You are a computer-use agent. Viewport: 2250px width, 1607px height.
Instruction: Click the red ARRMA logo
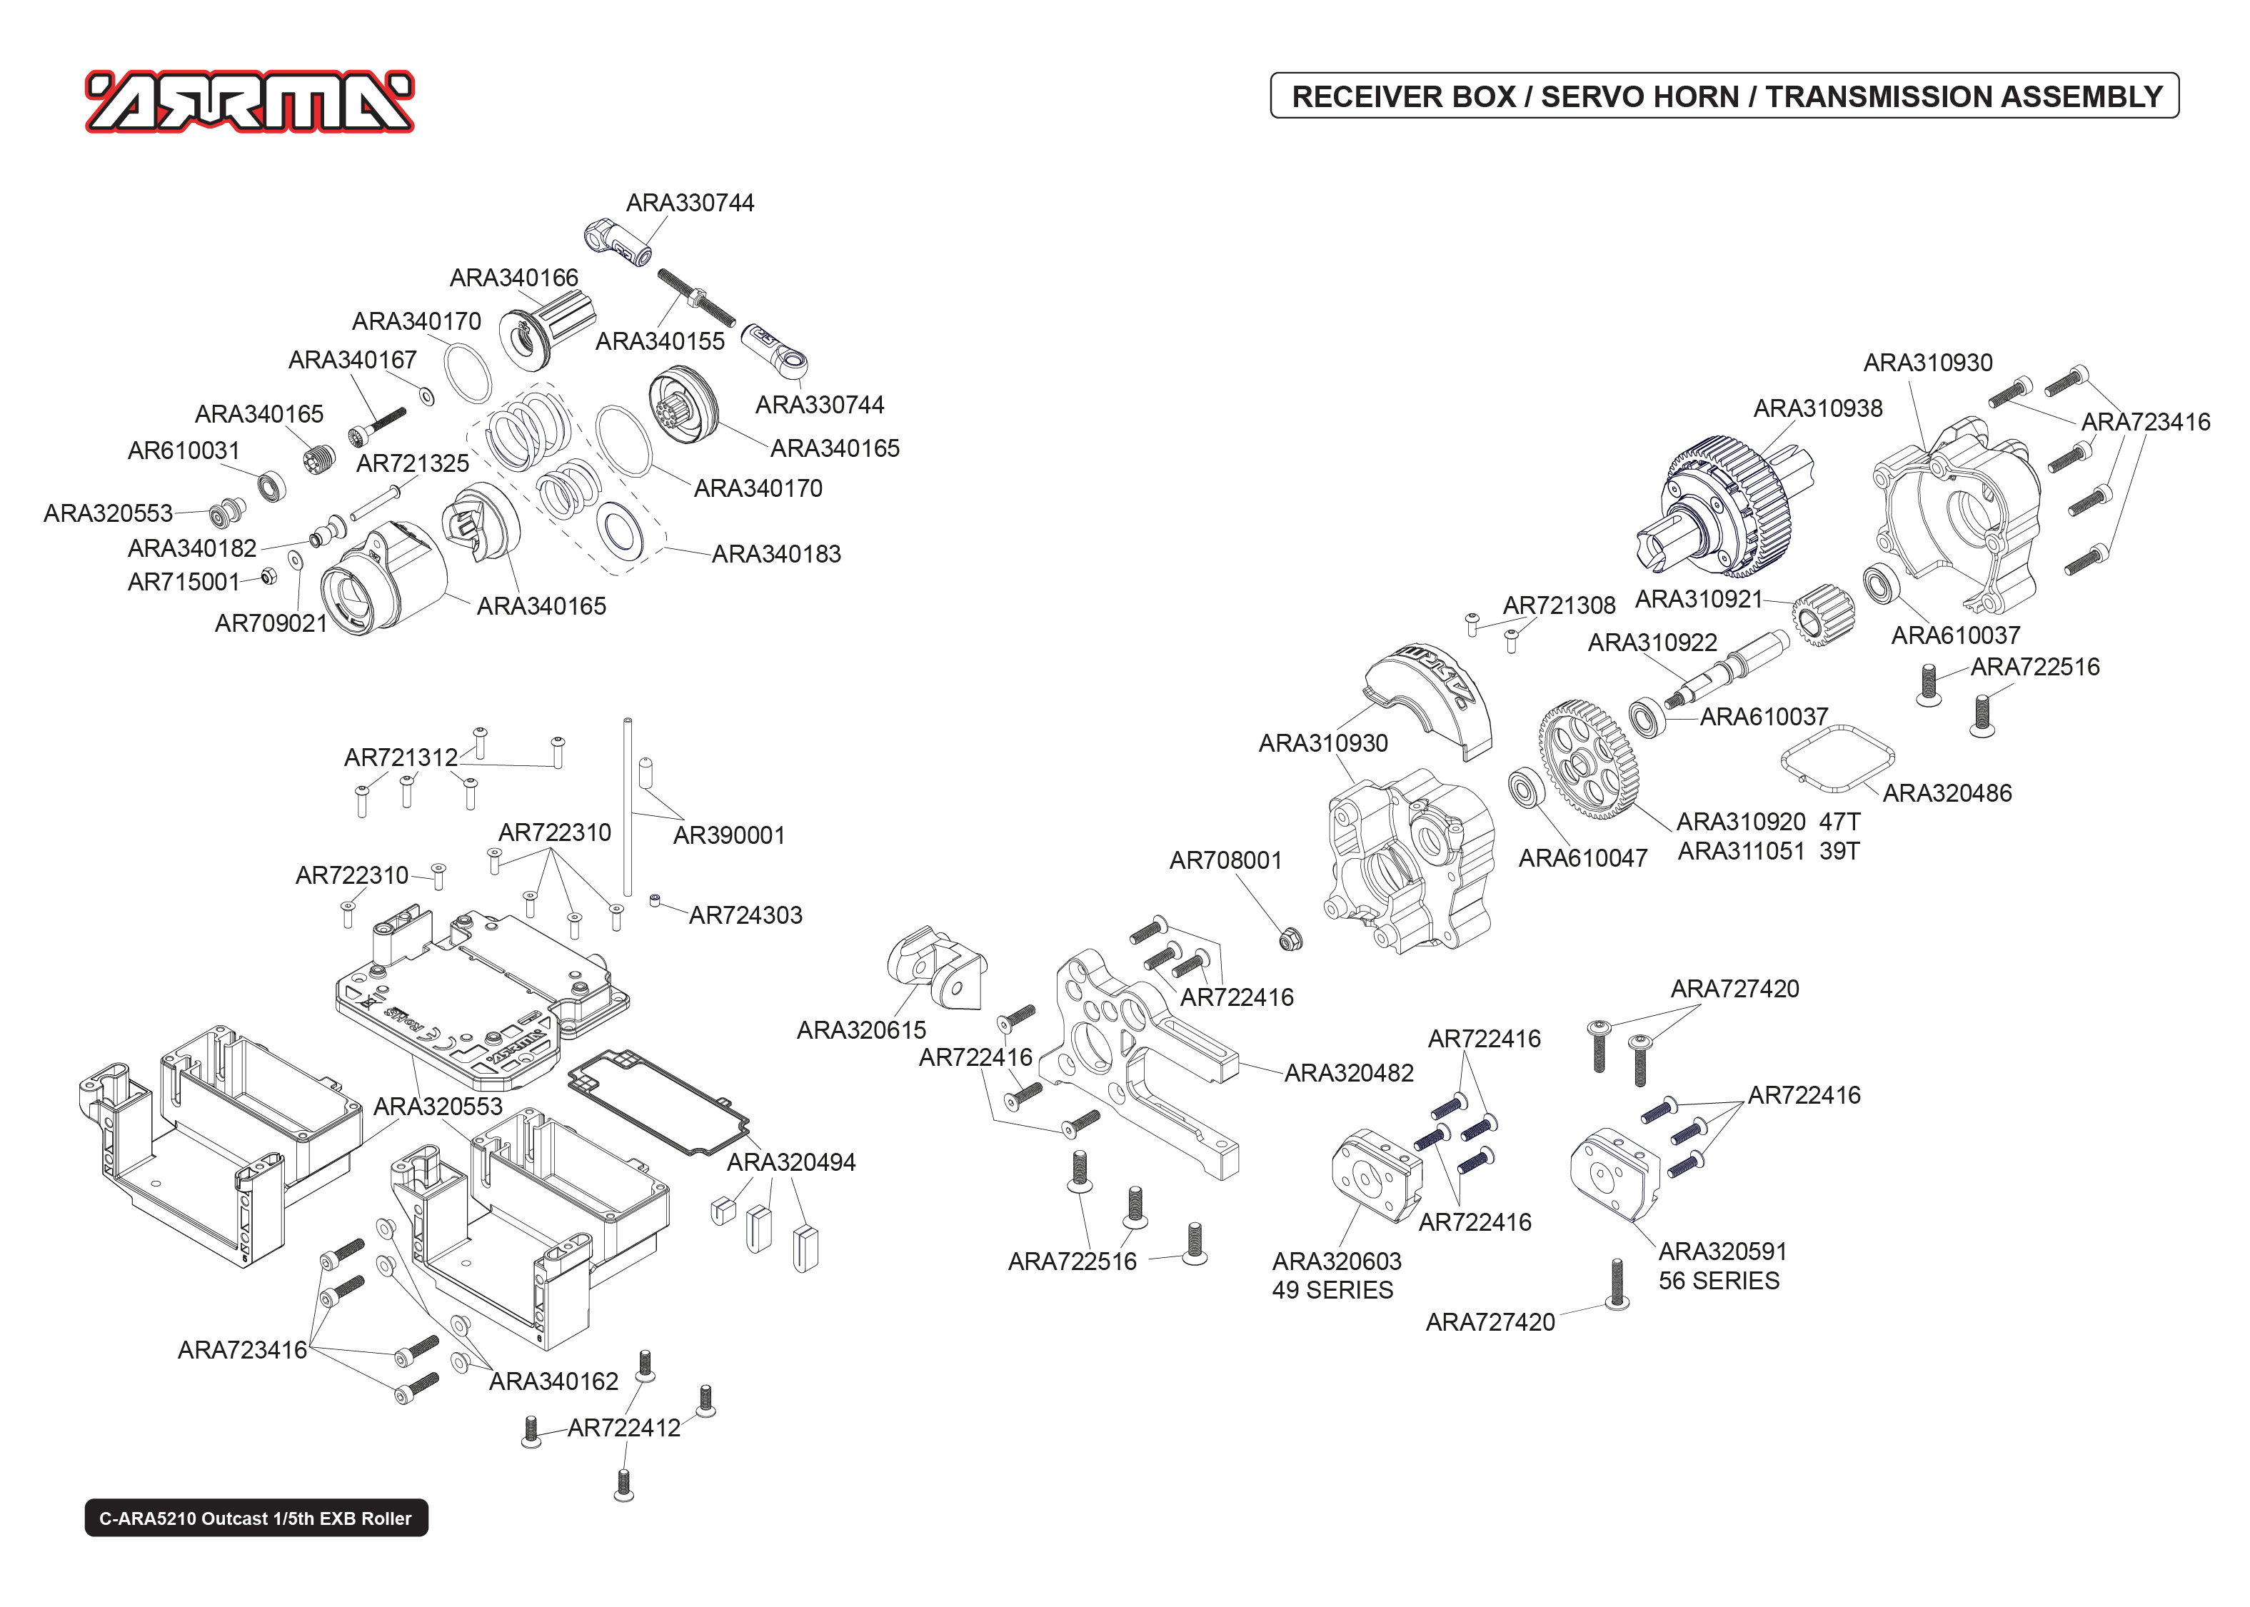(249, 102)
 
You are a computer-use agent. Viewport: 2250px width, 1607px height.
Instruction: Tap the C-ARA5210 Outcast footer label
(256, 1518)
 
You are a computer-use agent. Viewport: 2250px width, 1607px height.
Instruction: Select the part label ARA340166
(513, 278)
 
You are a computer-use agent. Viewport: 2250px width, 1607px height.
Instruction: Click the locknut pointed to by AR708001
(1290, 938)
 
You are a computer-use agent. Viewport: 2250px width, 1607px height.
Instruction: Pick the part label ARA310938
(1817, 408)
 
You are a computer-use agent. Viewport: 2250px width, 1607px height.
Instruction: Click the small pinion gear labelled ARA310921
(1822, 615)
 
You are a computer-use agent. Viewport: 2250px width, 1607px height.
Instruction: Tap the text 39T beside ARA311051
(1839, 851)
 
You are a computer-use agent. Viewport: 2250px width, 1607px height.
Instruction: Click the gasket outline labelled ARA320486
(1837, 759)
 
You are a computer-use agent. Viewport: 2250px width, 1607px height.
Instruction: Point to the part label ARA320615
(861, 1030)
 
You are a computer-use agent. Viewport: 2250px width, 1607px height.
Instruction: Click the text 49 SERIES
(1332, 1290)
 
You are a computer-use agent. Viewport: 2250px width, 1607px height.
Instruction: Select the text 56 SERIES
(1718, 1281)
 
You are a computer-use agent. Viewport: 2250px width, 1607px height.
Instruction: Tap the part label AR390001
(728, 835)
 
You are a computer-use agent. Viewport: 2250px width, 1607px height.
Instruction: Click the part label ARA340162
(553, 1381)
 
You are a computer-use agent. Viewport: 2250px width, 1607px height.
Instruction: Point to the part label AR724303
(745, 915)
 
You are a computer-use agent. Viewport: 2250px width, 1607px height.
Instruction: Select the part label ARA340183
(775, 554)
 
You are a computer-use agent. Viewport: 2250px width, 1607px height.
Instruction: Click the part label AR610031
(184, 451)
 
